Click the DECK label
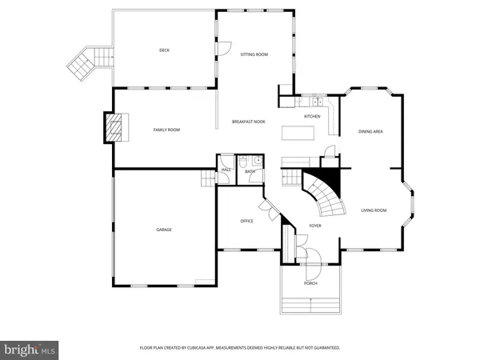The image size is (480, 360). click(164, 50)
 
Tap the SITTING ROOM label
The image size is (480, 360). click(254, 54)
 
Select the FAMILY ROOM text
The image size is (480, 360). click(166, 130)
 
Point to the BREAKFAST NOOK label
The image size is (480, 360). click(249, 122)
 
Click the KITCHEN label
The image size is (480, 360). click(312, 117)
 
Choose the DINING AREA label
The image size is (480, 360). click(370, 131)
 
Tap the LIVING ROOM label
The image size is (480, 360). click(374, 210)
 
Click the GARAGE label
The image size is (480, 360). click(164, 230)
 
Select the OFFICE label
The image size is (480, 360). click(246, 221)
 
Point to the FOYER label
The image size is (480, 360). click(315, 226)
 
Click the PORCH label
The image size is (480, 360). click(310, 284)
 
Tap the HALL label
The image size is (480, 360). click(226, 170)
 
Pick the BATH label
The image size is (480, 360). click(250, 171)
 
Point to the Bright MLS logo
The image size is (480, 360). click(30, 349)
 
